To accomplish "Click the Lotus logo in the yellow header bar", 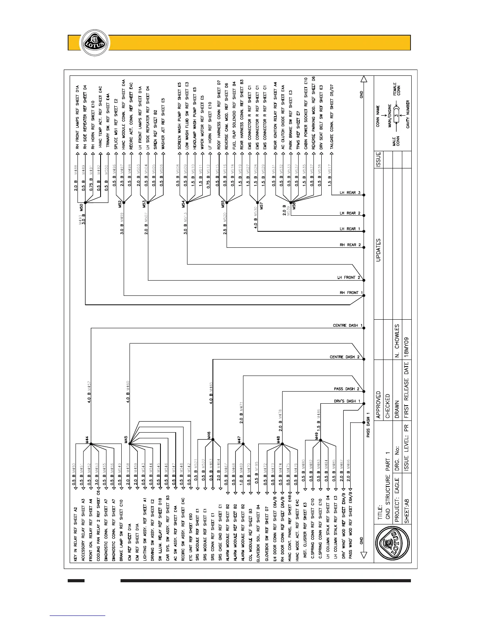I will coord(93,42).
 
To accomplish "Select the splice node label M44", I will coord(87,440).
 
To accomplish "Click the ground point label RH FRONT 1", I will coord(351,293).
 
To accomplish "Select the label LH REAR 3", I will coord(350,193).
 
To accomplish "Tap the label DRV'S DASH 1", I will coord(347,401).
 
